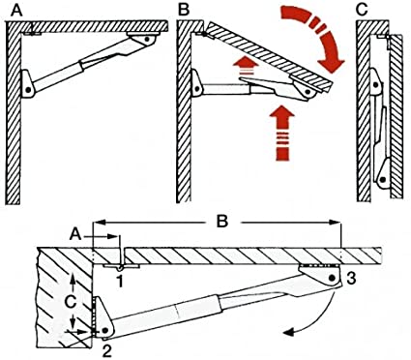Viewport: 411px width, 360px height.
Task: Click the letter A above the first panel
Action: pyautogui.click(x=17, y=11)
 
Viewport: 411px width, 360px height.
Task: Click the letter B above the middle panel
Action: pyautogui.click(x=184, y=11)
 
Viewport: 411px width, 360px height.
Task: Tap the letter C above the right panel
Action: pyautogui.click(x=363, y=10)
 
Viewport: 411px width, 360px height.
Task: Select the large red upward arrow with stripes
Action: pyautogui.click(x=282, y=133)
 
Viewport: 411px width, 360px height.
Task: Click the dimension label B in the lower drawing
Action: pyautogui.click(x=222, y=222)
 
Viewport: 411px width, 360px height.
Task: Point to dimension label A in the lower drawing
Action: pyautogui.click(x=75, y=235)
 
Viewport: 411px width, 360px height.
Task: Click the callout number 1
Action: pyautogui.click(x=120, y=282)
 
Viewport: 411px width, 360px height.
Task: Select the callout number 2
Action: pyautogui.click(x=107, y=350)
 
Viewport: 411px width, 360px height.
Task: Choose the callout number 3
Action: pyautogui.click(x=350, y=279)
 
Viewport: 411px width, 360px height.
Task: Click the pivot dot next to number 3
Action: pyautogui.click(x=332, y=278)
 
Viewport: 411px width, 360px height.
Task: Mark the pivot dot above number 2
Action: pyautogui.click(x=104, y=331)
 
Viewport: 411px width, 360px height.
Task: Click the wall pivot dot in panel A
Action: pyautogui.click(x=28, y=90)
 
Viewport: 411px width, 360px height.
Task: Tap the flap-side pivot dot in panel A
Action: pyautogui.click(x=147, y=39)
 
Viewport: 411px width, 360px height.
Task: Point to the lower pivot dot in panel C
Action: pyautogui.click(x=382, y=180)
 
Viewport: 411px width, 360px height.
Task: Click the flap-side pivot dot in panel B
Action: pyautogui.click(x=308, y=92)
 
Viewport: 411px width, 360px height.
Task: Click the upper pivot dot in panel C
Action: pyautogui.click(x=375, y=84)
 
